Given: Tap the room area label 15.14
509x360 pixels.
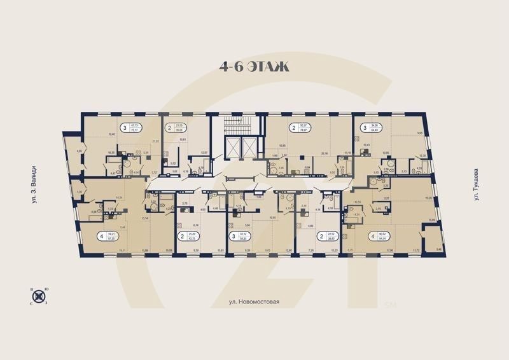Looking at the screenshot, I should (144, 218).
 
